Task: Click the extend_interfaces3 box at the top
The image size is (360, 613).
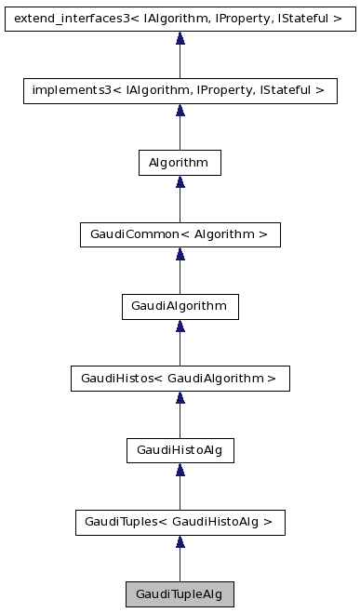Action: (x=180, y=18)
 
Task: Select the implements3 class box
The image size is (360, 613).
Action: (x=180, y=90)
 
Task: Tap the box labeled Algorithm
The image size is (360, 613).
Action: (x=180, y=163)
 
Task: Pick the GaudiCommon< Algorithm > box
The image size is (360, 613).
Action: (x=180, y=234)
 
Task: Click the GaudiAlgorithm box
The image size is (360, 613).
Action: (x=180, y=306)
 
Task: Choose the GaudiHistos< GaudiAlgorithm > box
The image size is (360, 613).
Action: (x=180, y=378)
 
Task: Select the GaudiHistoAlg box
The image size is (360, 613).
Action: (x=180, y=450)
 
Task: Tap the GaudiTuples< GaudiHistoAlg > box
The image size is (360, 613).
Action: (x=180, y=522)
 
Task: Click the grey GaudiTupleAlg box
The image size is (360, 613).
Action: (x=180, y=593)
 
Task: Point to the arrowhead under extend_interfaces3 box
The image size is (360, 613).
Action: (x=180, y=38)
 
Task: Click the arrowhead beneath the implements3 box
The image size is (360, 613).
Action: (x=180, y=111)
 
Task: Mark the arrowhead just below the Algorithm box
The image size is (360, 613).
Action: (x=180, y=182)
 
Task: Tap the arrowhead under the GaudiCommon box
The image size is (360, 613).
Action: (x=180, y=254)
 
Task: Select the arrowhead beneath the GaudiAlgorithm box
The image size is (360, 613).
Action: (x=180, y=326)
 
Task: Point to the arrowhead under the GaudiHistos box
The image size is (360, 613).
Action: (x=180, y=398)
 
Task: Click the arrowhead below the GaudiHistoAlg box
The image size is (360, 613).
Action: (x=180, y=470)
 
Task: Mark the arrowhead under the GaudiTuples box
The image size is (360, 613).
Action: (x=180, y=541)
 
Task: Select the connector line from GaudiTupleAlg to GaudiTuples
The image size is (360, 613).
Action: (x=180, y=566)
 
